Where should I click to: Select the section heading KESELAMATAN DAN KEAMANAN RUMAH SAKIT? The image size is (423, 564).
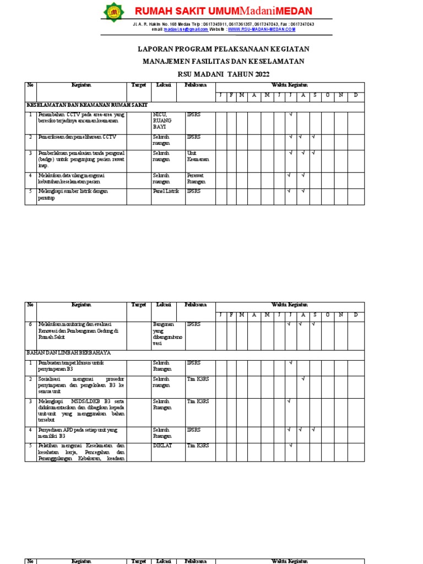[x=87, y=105]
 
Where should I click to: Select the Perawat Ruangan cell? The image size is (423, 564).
[x=196, y=178]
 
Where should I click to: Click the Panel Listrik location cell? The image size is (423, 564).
[x=166, y=191]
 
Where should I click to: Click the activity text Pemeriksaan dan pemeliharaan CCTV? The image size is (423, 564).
[x=77, y=137]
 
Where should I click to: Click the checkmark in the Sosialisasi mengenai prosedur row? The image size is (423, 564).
[x=302, y=379]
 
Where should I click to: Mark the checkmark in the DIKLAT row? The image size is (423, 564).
[x=290, y=445]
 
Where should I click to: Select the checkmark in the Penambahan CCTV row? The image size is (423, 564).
[x=290, y=115]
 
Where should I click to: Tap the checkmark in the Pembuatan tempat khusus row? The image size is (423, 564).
[x=290, y=363]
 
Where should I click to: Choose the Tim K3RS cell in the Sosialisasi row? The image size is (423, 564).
[x=198, y=379]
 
